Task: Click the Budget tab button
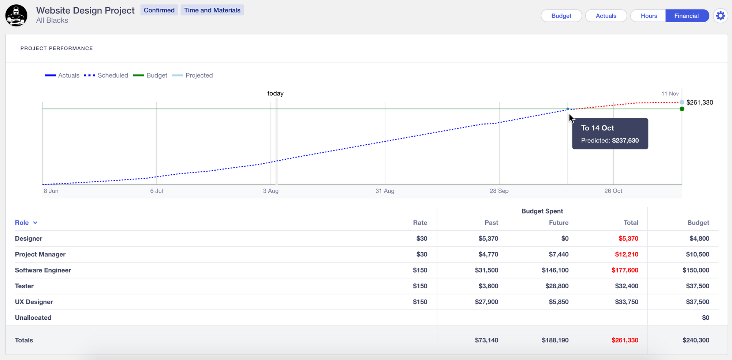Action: point(561,16)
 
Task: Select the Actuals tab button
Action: point(606,16)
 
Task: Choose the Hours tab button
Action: point(649,16)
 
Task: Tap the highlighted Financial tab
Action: point(686,16)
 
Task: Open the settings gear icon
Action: point(720,16)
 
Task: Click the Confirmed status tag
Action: point(159,10)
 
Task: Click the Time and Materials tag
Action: point(212,10)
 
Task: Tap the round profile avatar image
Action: point(16,15)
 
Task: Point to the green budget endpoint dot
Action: point(682,109)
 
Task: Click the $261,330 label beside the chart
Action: point(699,103)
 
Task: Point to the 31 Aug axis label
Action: point(385,191)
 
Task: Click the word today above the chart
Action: point(275,93)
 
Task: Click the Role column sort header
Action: point(26,223)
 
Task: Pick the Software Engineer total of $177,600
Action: point(624,270)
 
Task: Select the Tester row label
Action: point(24,286)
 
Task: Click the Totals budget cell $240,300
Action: point(695,340)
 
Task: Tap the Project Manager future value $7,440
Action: point(558,255)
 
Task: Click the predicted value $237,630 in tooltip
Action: point(625,141)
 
